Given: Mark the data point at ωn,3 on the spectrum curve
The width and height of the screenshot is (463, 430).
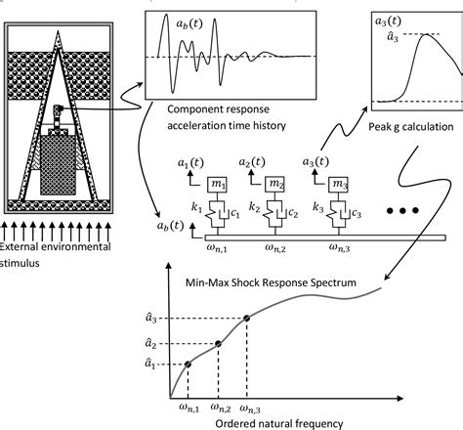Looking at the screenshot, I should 246,319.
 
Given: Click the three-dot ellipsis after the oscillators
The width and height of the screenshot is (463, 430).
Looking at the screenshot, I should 403,210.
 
